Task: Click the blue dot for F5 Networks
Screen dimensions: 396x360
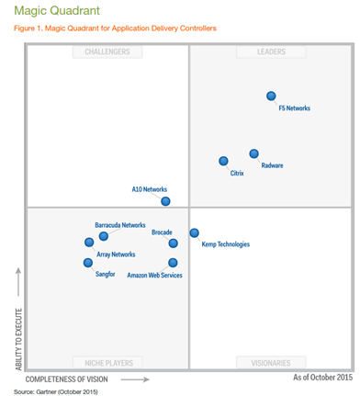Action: pyautogui.click(x=271, y=96)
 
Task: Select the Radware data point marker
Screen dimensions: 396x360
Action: pyautogui.click(x=253, y=153)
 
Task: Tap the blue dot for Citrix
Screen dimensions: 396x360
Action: pyautogui.click(x=223, y=161)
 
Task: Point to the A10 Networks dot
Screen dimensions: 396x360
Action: pyautogui.click(x=165, y=201)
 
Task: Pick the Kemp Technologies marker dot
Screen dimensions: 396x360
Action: pyautogui.click(x=194, y=232)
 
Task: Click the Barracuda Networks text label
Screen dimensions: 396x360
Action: pyautogui.click(x=120, y=225)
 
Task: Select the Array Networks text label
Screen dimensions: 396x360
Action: pyautogui.click(x=116, y=255)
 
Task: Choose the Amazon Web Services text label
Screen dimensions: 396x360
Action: pyautogui.click(x=154, y=276)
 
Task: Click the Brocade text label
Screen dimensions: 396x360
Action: pyautogui.click(x=162, y=232)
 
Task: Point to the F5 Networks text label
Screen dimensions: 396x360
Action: pyautogui.click(x=294, y=108)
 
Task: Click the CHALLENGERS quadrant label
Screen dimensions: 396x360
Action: pyautogui.click(x=107, y=52)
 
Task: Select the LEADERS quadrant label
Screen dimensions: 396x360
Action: pyautogui.click(x=271, y=52)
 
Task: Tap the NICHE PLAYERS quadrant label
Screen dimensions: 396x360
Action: pyautogui.click(x=107, y=363)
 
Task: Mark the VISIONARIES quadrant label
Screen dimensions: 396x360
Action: pyautogui.click(x=271, y=363)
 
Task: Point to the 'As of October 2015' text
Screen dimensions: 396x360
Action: pyautogui.click(x=322, y=378)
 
